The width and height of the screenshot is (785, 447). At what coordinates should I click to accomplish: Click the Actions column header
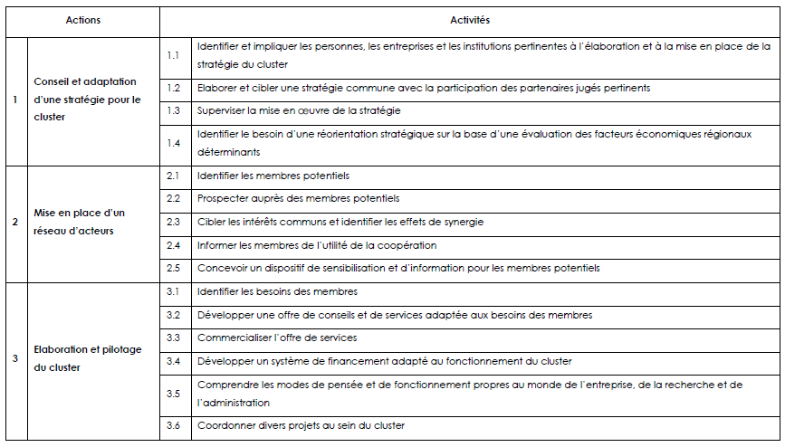point(83,20)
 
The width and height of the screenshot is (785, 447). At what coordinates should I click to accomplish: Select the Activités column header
point(470,20)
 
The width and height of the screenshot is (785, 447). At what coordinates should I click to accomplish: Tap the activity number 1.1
point(174,55)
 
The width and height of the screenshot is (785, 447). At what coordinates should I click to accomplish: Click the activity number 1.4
point(174,143)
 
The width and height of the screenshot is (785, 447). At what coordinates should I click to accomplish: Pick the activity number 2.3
point(174,222)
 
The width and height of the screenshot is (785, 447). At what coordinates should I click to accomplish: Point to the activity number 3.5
point(174,394)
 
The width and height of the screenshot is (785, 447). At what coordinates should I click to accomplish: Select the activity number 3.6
point(174,425)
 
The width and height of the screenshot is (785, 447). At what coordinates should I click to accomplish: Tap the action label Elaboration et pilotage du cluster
point(87,358)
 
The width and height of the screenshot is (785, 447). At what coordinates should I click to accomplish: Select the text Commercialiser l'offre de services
point(277,338)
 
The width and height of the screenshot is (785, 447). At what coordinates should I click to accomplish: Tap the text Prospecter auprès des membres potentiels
point(298,198)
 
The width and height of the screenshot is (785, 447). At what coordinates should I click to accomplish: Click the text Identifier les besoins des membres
point(277,291)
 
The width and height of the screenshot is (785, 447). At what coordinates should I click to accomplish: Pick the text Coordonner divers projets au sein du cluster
point(301,425)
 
